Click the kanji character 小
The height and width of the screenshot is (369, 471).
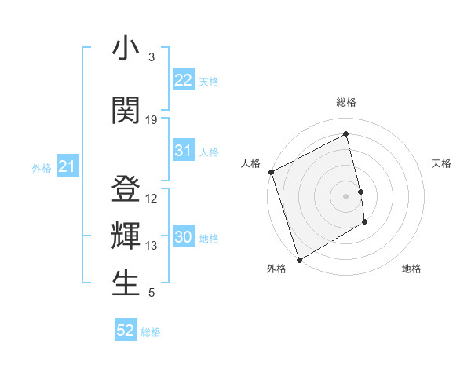(126, 50)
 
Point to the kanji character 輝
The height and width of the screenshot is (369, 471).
(126, 236)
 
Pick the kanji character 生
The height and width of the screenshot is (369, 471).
(126, 283)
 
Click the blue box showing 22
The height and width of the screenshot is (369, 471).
(184, 80)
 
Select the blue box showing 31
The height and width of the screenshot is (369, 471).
(184, 151)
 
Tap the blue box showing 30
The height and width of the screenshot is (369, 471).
(184, 238)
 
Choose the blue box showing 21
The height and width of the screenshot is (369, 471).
(67, 166)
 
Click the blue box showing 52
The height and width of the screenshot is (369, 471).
(126, 331)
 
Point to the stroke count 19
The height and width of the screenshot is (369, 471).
(152, 120)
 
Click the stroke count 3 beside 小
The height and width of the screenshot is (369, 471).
(152, 57)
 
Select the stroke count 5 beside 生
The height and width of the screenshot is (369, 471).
(152, 293)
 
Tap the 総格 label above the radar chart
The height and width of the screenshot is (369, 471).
(346, 102)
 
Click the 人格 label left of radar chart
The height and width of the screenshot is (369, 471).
(251, 163)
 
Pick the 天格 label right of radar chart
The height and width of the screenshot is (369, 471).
(441, 163)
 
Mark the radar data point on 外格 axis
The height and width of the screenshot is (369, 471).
(298, 259)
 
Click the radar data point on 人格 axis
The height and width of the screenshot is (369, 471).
(271, 172)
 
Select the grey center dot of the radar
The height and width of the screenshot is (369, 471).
(346, 195)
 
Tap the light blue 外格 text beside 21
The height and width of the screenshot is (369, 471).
(42, 167)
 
